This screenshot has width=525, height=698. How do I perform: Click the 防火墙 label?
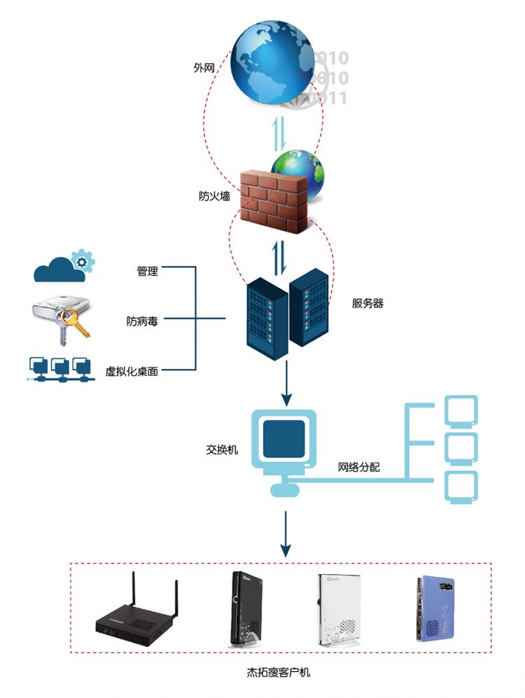214,197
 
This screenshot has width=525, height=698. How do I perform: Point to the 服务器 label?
367,304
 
